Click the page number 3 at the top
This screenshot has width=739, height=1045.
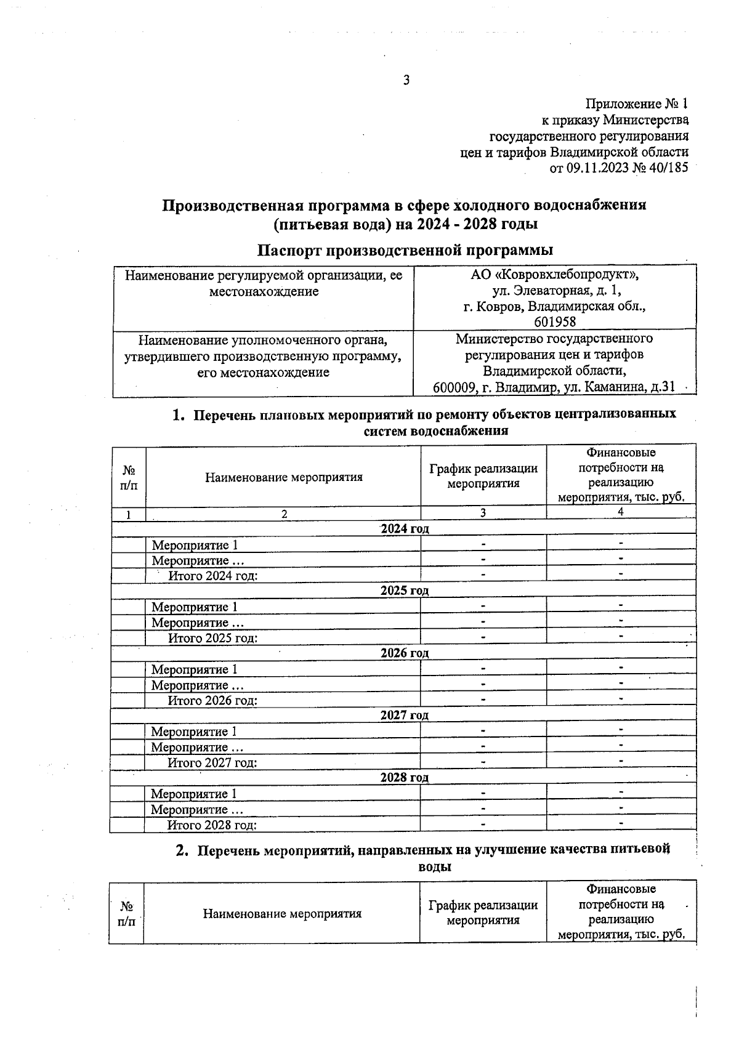pyautogui.click(x=406, y=80)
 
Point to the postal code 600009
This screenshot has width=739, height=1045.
pyautogui.click(x=453, y=387)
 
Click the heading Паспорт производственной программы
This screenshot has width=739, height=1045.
pyautogui.click(x=405, y=250)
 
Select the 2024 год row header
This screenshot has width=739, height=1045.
pyautogui.click(x=404, y=528)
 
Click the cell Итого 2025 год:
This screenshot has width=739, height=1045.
pyautogui.click(x=212, y=638)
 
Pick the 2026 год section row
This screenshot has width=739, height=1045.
pyautogui.click(x=404, y=653)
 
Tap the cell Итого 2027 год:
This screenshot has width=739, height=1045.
pyautogui.click(x=212, y=762)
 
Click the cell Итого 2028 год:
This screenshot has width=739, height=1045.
pyautogui.click(x=212, y=825)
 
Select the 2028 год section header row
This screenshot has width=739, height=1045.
pyautogui.click(x=404, y=777)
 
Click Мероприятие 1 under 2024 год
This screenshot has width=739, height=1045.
pyautogui.click(x=195, y=545)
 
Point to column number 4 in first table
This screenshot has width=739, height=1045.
pyautogui.click(x=621, y=512)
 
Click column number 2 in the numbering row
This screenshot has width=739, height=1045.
pyautogui.click(x=284, y=513)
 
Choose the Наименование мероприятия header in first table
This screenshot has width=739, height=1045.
pyautogui.click(x=284, y=477)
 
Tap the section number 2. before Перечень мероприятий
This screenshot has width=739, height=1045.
pyautogui.click(x=180, y=850)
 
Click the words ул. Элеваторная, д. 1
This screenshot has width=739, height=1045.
pyautogui.click(x=554, y=290)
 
